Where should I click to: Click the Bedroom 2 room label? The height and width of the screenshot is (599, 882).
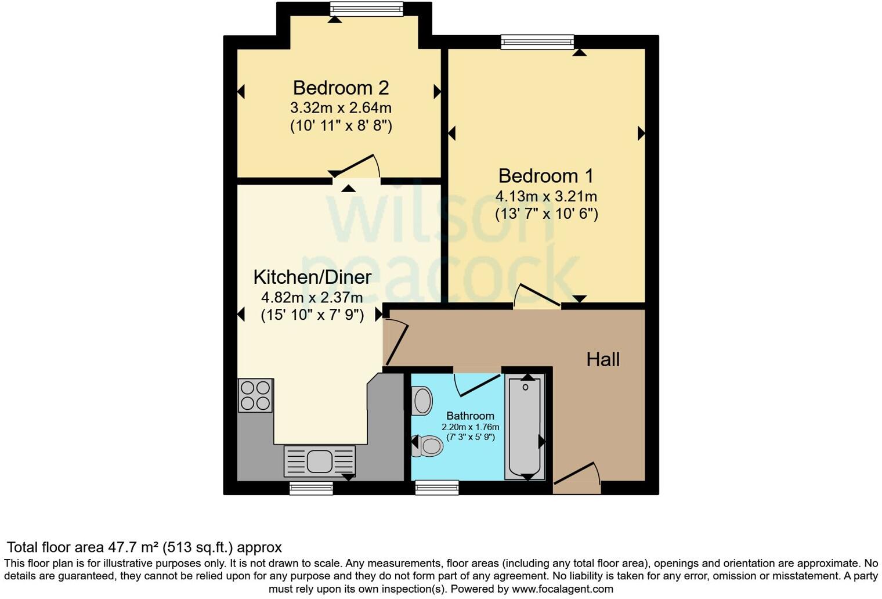pyautogui.click(x=341, y=88)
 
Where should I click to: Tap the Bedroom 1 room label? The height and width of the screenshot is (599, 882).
pyautogui.click(x=546, y=176)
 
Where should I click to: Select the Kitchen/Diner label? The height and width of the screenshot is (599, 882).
pyautogui.click(x=312, y=277)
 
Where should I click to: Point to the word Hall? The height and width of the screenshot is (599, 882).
pyautogui.click(x=603, y=359)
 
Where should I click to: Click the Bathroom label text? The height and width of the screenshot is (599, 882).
pyautogui.click(x=470, y=416)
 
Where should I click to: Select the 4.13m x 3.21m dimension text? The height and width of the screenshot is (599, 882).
pyautogui.click(x=546, y=196)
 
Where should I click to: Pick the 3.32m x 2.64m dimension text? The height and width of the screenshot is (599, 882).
pyautogui.click(x=341, y=108)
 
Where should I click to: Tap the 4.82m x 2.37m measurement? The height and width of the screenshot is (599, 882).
pyautogui.click(x=312, y=298)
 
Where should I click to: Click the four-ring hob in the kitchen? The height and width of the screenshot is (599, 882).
pyautogui.click(x=255, y=395)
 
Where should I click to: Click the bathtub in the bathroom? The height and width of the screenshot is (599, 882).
pyautogui.click(x=525, y=427)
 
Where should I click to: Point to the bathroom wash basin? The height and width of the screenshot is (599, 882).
pyautogui.click(x=422, y=400)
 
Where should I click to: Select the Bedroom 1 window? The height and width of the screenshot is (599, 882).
pyautogui.click(x=537, y=41)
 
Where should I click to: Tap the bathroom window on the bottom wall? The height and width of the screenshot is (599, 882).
pyautogui.click(x=437, y=488)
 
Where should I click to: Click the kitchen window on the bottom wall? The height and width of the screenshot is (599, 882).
pyautogui.click(x=311, y=488)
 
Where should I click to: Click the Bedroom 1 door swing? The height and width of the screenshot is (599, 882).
pyautogui.click(x=537, y=294)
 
